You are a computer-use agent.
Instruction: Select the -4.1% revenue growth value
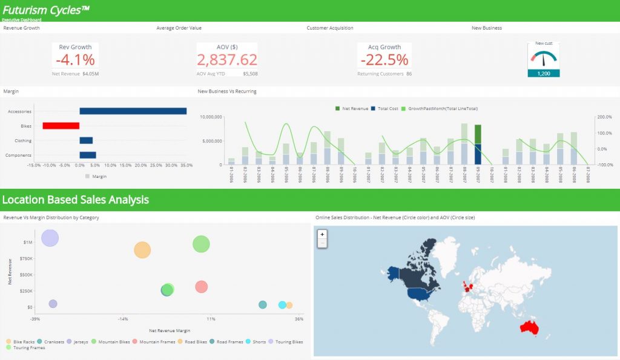tap(75, 60)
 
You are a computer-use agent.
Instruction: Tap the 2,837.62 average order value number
tap(227, 60)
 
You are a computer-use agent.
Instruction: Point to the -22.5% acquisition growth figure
tap(384, 60)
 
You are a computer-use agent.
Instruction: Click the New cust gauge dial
tap(543, 58)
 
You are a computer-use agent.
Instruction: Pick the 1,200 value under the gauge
tap(543, 73)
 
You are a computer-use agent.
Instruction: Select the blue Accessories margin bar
tap(133, 111)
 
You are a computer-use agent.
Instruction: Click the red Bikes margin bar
tap(61, 125)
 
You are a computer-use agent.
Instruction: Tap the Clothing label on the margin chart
tap(23, 140)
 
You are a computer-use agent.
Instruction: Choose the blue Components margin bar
tap(87, 155)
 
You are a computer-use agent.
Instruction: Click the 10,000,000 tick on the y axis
tap(211, 117)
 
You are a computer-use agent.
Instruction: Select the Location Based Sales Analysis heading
tap(76, 200)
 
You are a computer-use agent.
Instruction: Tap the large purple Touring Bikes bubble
tap(50, 238)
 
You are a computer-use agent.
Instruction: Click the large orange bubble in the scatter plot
tap(142, 249)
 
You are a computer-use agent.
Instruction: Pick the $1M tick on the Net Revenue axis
tap(28, 242)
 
